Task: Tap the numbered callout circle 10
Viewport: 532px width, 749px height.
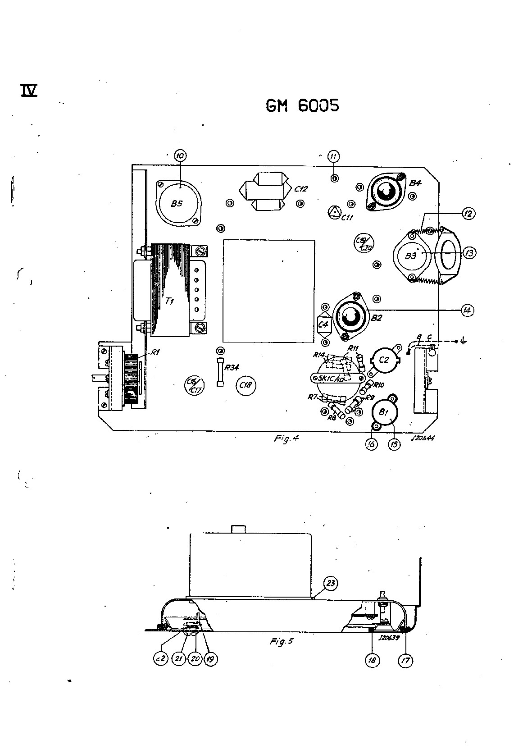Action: pos(180,156)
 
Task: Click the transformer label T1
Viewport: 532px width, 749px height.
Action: pos(169,301)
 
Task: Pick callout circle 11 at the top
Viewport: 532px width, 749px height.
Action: pos(333,156)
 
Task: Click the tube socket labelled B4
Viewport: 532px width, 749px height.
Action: pos(386,193)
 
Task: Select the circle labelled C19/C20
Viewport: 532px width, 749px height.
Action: pos(363,243)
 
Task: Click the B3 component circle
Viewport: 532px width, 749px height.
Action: pos(411,256)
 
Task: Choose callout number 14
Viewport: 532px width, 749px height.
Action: pos(467,310)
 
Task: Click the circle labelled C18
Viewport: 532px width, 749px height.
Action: pos(246,385)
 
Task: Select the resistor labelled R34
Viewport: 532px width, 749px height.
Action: pos(220,372)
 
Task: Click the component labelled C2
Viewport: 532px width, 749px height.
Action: pos(384,359)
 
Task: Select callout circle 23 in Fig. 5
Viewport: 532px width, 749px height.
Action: pos(331,583)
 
